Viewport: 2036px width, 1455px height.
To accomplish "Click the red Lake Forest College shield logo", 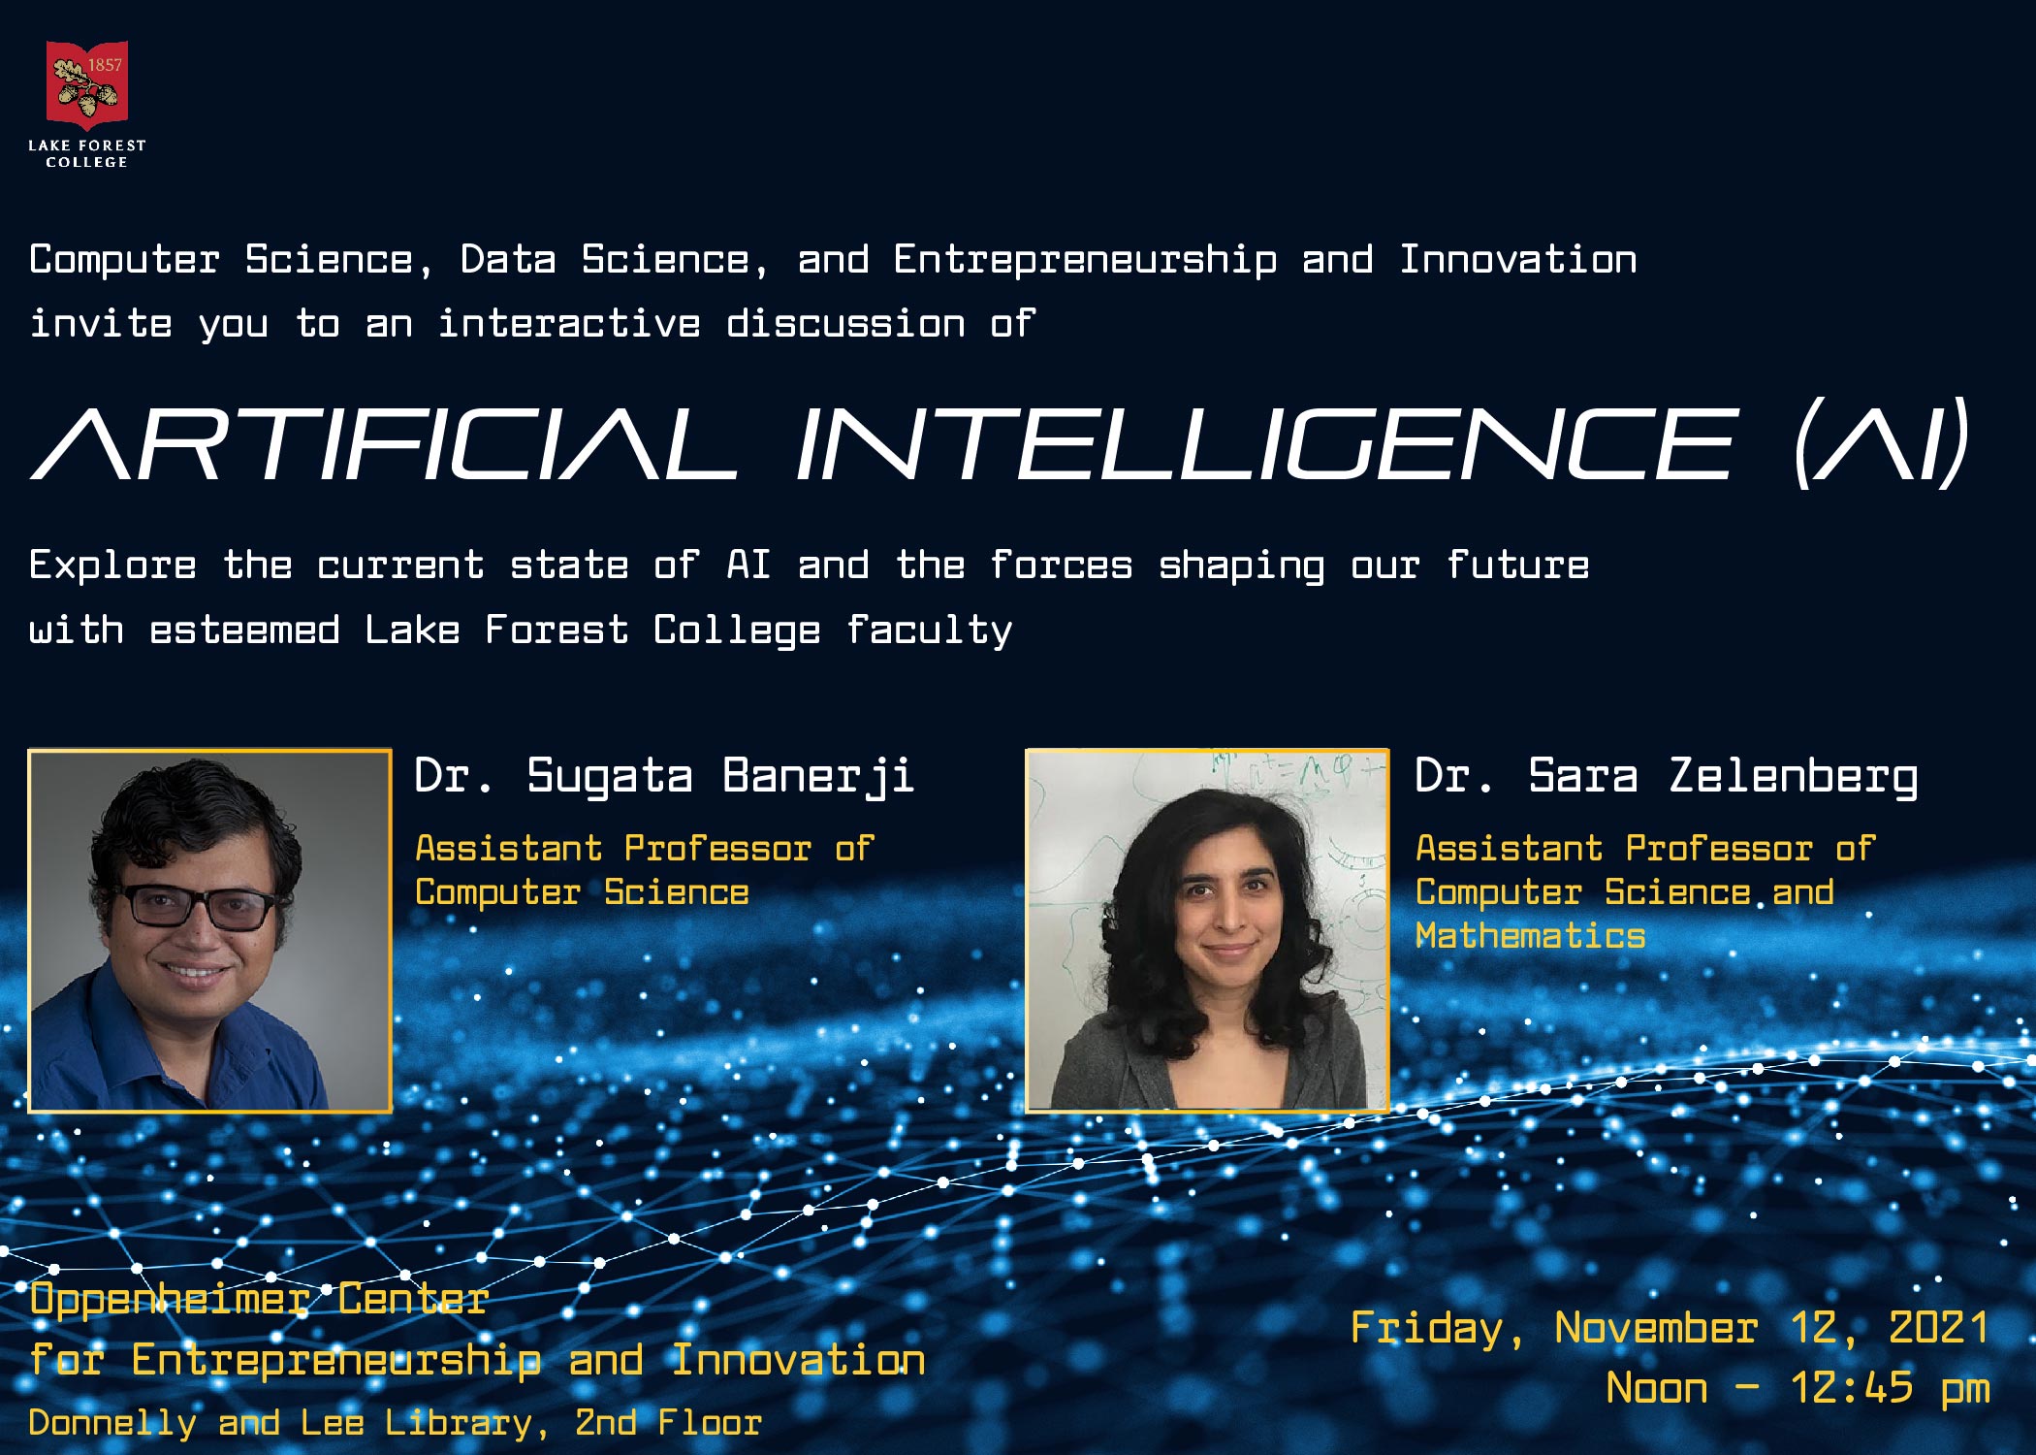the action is tap(87, 85).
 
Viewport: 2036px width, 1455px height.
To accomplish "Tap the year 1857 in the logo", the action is tap(105, 65).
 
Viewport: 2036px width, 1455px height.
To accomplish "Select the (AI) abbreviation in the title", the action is tap(1881, 443).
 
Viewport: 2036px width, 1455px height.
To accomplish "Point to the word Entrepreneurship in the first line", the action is tap(1085, 261).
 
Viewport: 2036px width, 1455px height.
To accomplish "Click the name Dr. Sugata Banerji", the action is tap(664, 777).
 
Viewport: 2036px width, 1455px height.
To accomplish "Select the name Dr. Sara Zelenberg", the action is tap(1666, 777).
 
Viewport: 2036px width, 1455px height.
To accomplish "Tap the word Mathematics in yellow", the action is tap(1530, 936).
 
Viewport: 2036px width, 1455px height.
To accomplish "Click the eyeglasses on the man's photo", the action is tap(199, 907).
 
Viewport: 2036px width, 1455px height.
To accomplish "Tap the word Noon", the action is tap(1657, 1388).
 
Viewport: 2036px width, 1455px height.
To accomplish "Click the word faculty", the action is tap(930, 631).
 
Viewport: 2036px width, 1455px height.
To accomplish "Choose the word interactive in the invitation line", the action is tap(569, 324).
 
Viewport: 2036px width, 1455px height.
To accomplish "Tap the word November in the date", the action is tap(1656, 1328).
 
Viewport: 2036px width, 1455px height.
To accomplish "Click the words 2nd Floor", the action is tap(668, 1423).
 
